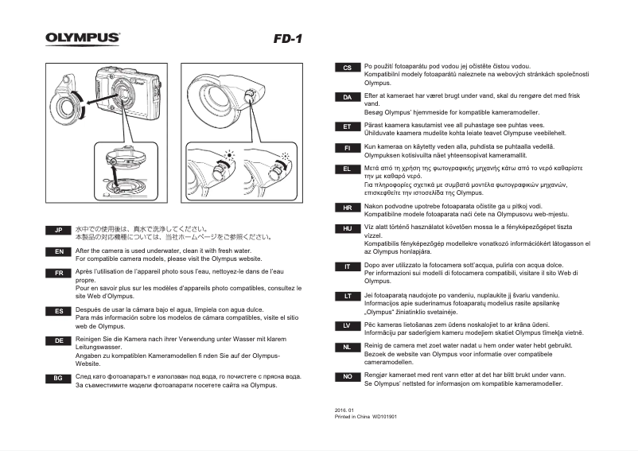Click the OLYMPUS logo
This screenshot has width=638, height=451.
coord(83,37)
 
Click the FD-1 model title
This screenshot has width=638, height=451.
coord(287,38)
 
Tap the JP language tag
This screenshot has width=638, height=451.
coord(58,231)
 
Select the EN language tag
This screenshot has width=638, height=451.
coord(58,252)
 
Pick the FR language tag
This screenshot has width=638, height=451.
coord(58,273)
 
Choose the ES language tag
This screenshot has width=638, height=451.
coord(58,311)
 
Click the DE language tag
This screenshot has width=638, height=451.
coord(58,340)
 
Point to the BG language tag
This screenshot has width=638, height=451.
coord(58,379)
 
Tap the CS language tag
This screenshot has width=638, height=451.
coord(347,68)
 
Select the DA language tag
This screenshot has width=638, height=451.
coord(347,97)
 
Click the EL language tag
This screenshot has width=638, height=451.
coord(347,169)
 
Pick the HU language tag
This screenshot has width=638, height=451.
coord(347,228)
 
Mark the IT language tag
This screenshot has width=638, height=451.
coord(347,266)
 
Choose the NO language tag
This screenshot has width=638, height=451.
coord(347,375)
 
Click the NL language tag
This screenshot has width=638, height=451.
coord(347,348)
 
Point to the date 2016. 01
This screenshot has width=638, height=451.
coord(344,410)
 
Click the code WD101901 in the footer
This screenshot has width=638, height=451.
coord(385,417)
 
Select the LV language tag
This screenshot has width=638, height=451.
coord(347,325)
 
